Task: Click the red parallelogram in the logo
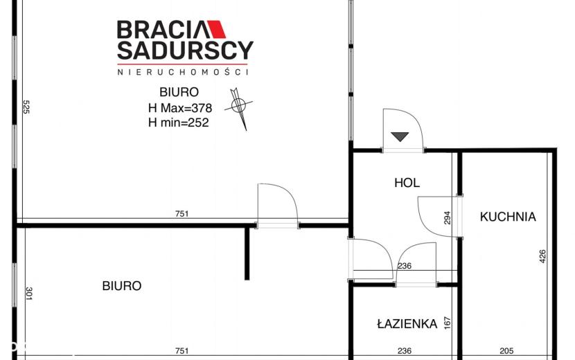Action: pyautogui.click(x=217, y=29)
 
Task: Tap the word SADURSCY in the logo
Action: pyautogui.click(x=185, y=51)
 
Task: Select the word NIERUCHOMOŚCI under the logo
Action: pyautogui.click(x=183, y=71)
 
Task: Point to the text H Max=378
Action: pyautogui.click(x=180, y=108)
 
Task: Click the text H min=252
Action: pyautogui.click(x=179, y=123)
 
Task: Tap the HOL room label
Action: pyautogui.click(x=407, y=183)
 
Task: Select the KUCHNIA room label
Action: pyautogui.click(x=508, y=217)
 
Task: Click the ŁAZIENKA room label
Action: pyautogui.click(x=407, y=324)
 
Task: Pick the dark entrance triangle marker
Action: pyautogui.click(x=400, y=136)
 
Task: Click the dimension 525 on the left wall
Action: pyautogui.click(x=26, y=107)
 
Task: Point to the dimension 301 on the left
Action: pyautogui.click(x=29, y=294)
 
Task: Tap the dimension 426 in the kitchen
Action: pyautogui.click(x=542, y=256)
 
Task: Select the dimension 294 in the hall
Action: pyautogui.click(x=447, y=218)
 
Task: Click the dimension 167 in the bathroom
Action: pyautogui.click(x=447, y=323)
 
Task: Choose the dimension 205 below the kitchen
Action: pyautogui.click(x=506, y=351)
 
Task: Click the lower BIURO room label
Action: pyautogui.click(x=122, y=286)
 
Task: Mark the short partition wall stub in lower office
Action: pyautogui.click(x=247, y=253)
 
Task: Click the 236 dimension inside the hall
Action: pyautogui.click(x=405, y=266)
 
